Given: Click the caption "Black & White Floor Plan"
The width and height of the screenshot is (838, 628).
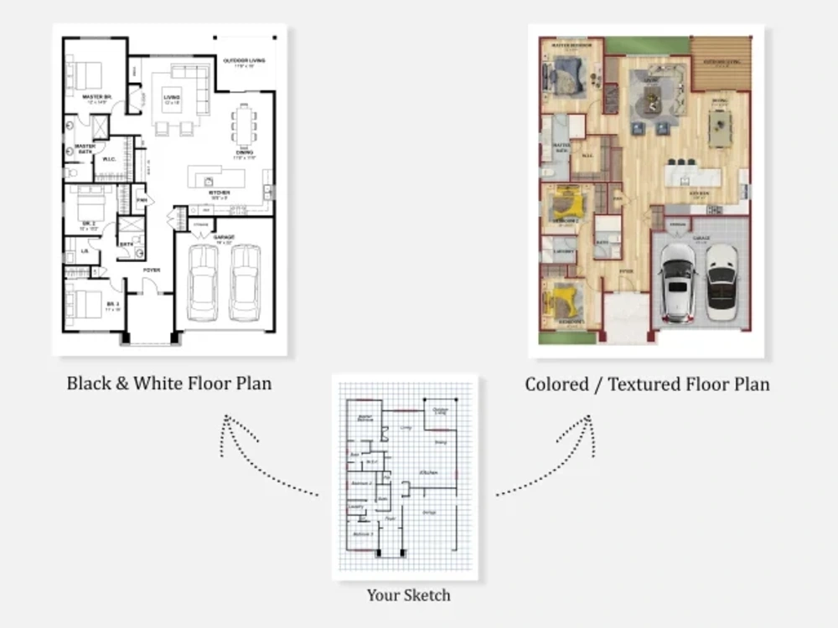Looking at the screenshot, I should point(169,383).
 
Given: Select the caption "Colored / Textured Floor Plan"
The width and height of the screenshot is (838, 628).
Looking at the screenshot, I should point(647,384).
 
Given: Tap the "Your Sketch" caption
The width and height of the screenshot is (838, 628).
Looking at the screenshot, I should point(408,595).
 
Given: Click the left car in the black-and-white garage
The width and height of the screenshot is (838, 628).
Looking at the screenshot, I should point(203,282).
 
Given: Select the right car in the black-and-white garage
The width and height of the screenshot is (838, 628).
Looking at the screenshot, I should point(246,282).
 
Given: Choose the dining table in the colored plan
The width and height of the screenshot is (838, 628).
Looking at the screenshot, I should point(719,126).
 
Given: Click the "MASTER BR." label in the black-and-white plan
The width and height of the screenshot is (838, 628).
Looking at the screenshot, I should point(96,97).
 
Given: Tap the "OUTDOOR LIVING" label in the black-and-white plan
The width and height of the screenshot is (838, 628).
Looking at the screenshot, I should point(243,60).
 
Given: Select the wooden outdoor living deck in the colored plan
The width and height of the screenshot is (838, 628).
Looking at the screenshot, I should point(721,64).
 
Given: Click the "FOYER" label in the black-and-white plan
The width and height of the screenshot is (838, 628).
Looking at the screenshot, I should point(151,270).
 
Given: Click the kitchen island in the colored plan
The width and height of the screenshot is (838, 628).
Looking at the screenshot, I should point(692,177).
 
